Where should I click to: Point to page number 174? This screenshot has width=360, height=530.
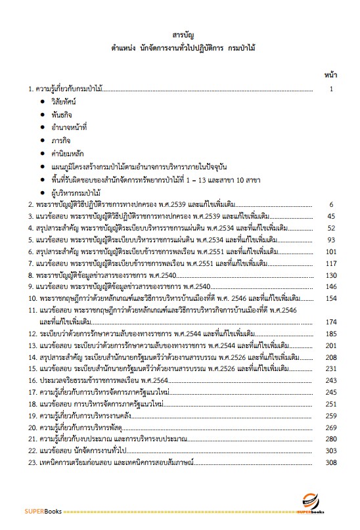tap(330, 321)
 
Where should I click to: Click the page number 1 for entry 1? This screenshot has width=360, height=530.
tap(332, 88)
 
